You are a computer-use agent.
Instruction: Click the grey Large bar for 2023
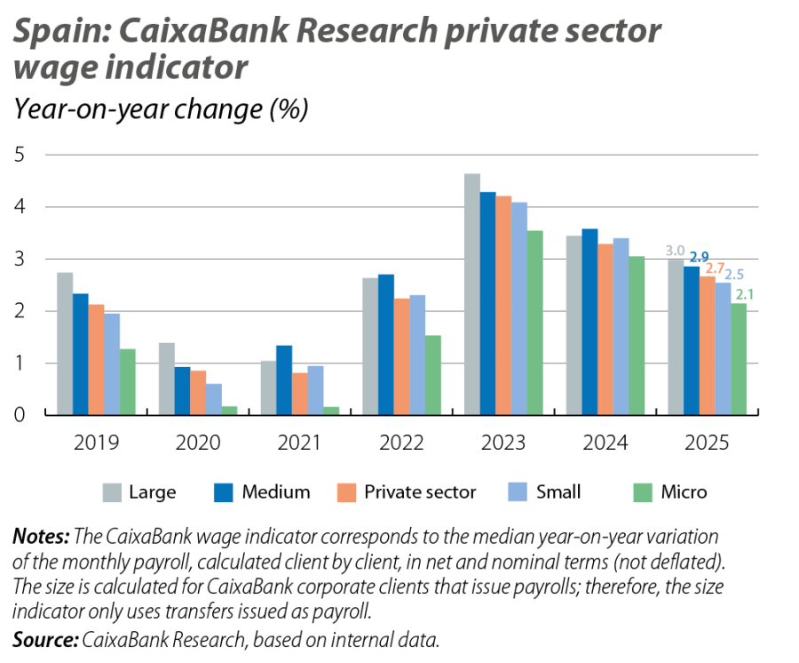[x=471, y=293]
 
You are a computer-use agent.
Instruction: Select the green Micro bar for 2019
[x=129, y=381]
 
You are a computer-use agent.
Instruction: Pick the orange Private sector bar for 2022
[x=403, y=355]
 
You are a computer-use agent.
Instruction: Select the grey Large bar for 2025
[x=676, y=337]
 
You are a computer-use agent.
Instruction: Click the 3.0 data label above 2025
[x=676, y=252]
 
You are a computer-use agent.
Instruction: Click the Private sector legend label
[x=421, y=491]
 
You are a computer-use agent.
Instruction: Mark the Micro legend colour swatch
[x=641, y=491]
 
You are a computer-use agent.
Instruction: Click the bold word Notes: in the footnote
[x=40, y=537]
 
